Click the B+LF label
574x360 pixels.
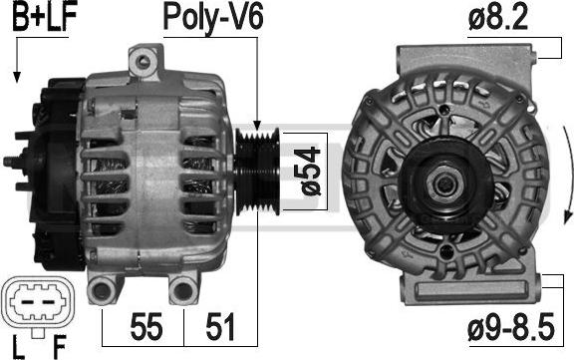coord(44,16)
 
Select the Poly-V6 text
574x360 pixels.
coord(212,17)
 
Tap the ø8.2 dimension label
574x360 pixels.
coord(498,17)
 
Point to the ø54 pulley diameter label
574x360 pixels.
coord(307,172)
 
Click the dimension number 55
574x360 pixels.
coord(146,326)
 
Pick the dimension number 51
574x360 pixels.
coord(220,326)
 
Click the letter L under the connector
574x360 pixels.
coord(18,346)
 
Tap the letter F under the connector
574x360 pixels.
coord(60,346)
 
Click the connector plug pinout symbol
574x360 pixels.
coord(38,302)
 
